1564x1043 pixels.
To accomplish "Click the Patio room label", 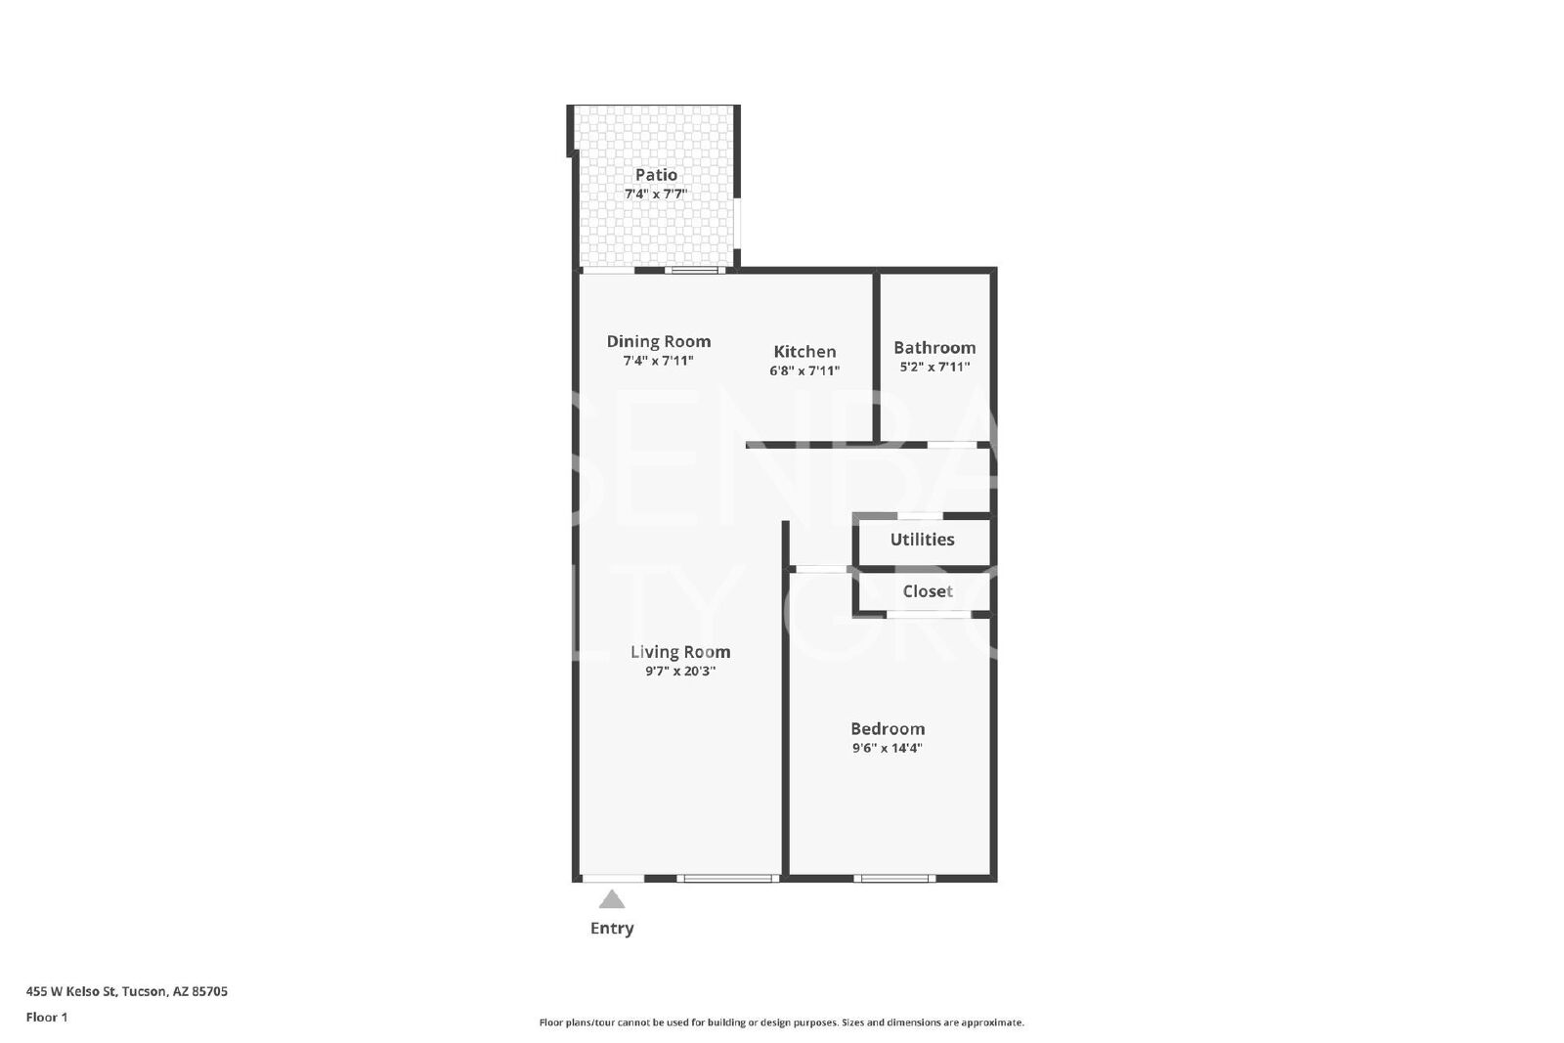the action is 656,175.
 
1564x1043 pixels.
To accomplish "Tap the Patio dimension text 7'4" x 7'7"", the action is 656,195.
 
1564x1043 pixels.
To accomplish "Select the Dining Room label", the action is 659,341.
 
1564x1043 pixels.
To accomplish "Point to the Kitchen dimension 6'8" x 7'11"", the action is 804,370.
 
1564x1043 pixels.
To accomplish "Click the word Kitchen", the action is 804,351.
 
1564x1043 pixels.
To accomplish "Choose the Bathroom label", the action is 934,347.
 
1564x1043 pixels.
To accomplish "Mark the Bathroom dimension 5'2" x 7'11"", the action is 934,367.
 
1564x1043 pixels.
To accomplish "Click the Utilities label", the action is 922,539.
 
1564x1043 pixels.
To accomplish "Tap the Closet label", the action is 928,591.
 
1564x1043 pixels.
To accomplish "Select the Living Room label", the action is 680,652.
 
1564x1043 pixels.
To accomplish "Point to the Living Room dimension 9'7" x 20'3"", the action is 680,672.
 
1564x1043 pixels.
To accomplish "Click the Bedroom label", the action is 888,729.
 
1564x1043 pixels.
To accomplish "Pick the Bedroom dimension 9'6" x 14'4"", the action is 888,749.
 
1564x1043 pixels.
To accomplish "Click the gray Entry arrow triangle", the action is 612,899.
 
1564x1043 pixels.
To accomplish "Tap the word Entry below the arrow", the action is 612,929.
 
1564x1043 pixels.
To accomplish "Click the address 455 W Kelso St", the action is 70,991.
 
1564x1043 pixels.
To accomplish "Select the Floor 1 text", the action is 47,1018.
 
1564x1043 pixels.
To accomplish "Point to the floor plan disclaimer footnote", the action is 781,1022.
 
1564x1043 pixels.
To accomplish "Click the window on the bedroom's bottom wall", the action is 894,878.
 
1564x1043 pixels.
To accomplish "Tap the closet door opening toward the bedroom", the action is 929,614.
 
